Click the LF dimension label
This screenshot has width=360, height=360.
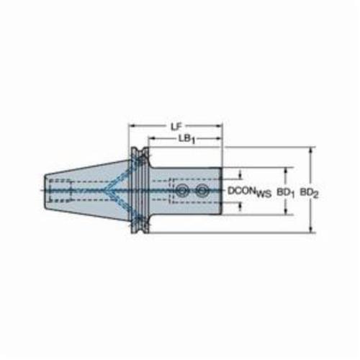pyautogui.click(x=176, y=127)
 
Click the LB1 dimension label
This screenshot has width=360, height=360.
pyautogui.click(x=186, y=139)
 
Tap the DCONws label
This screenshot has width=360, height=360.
pyautogui.click(x=249, y=192)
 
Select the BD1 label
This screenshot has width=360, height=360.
pyautogui.click(x=286, y=192)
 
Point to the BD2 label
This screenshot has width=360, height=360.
pyautogui.click(x=309, y=192)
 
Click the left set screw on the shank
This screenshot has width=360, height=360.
pyautogui.click(x=181, y=191)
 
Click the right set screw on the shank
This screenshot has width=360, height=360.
pyautogui.click(x=201, y=191)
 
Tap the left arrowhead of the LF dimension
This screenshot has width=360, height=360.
pyautogui.click(x=132, y=125)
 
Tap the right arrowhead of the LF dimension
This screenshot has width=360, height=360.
pyautogui.click(x=220, y=125)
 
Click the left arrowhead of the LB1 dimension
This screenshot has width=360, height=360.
pyautogui.click(x=151, y=138)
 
